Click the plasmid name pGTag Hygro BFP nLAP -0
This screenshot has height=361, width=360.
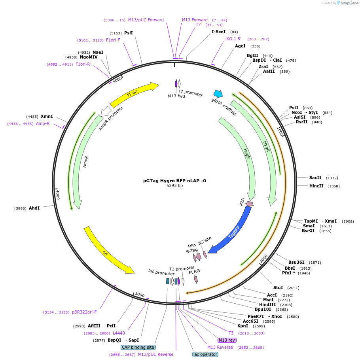(174, 181)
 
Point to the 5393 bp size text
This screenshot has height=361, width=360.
(174, 186)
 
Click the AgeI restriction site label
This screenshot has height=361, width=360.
(240, 46)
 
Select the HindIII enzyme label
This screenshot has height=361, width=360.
(267, 305)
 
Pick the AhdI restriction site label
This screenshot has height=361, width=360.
(34, 208)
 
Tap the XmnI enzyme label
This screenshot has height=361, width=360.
(47, 117)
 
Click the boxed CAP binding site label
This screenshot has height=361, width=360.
(138, 347)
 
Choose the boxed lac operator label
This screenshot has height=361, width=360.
(205, 354)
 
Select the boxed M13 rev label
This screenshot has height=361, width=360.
(227, 340)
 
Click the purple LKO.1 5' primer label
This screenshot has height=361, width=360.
(233, 39)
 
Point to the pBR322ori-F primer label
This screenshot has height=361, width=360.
(84, 312)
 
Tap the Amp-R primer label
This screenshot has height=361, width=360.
(43, 124)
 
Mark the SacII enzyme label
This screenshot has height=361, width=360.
(315, 178)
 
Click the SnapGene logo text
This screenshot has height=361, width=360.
(348, 3)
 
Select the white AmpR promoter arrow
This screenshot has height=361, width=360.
(106, 112)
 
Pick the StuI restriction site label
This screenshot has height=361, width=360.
(278, 288)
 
